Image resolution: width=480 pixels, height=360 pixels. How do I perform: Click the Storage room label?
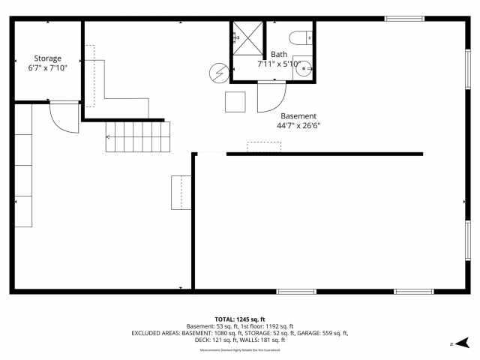pyautogui.click(x=47, y=58)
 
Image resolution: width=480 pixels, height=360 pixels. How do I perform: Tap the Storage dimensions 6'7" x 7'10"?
pyautogui.click(x=47, y=68)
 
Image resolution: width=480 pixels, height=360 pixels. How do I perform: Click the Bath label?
pyautogui.click(x=279, y=54)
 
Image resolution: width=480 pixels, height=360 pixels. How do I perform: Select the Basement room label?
pyautogui.click(x=298, y=116)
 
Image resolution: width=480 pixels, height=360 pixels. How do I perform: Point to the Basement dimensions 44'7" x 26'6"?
pyautogui.click(x=298, y=126)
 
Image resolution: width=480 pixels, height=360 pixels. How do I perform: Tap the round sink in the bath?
pyautogui.click(x=304, y=69)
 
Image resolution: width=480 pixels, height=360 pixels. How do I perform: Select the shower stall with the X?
pyautogui.click(x=248, y=40)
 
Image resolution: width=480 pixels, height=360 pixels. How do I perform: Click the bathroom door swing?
pyautogui.click(x=271, y=96)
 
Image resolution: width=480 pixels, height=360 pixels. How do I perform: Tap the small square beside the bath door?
pyautogui.click(x=235, y=101)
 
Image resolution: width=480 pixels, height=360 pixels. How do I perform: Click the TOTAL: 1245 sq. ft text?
pyautogui.click(x=240, y=319)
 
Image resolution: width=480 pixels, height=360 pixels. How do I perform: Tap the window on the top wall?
pyautogui.click(x=404, y=19)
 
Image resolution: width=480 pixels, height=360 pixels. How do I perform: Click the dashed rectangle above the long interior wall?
pyautogui.click(x=264, y=146)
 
